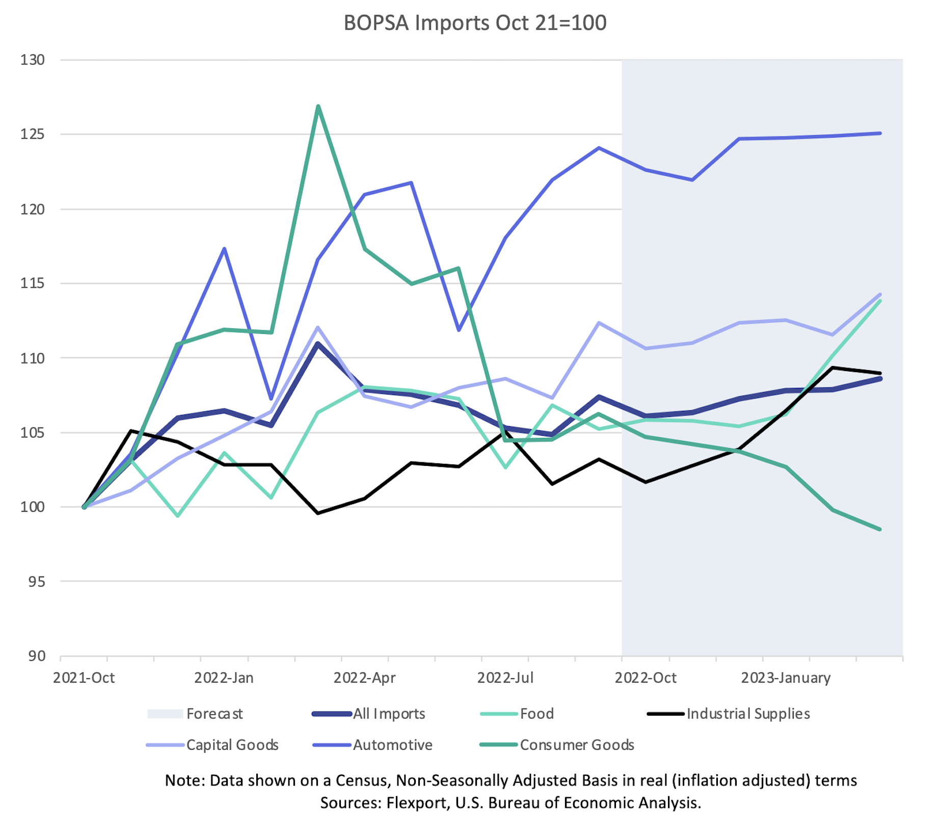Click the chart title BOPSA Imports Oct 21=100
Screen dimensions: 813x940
pyautogui.click(x=475, y=23)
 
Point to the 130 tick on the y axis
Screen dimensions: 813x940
pyautogui.click(x=33, y=60)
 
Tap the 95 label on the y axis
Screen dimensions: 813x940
pyautogui.click(x=36, y=582)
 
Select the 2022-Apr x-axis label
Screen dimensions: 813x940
pyautogui.click(x=364, y=678)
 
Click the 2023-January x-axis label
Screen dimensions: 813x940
pyautogui.click(x=786, y=678)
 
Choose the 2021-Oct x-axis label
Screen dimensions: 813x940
pyautogui.click(x=84, y=678)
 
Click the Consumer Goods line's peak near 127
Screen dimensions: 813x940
pyautogui.click(x=318, y=107)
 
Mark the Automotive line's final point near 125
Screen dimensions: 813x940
pyautogui.click(x=880, y=134)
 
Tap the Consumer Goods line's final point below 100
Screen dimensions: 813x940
pyautogui.click(x=880, y=530)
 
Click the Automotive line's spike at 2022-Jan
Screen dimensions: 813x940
pyautogui.click(x=224, y=249)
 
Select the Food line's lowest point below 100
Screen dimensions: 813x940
pyautogui.click(x=178, y=516)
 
